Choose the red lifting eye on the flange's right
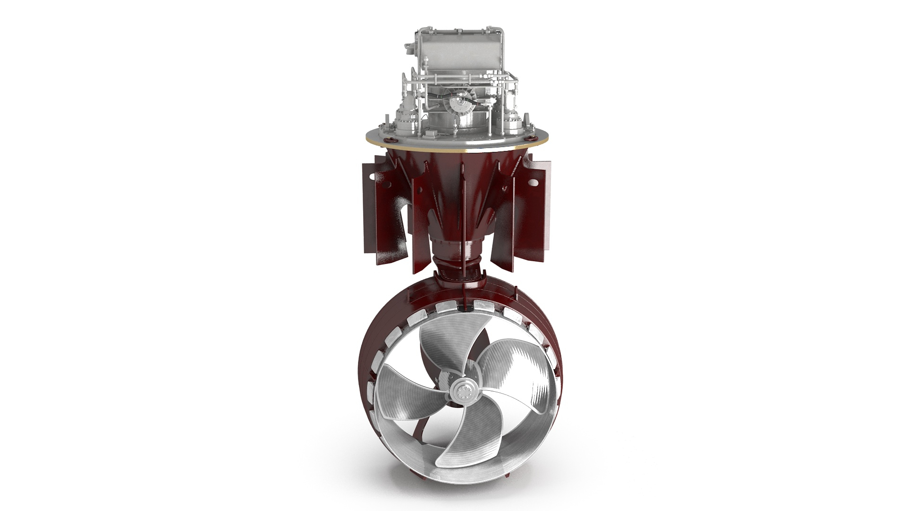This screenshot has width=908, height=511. pos(530,139)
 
